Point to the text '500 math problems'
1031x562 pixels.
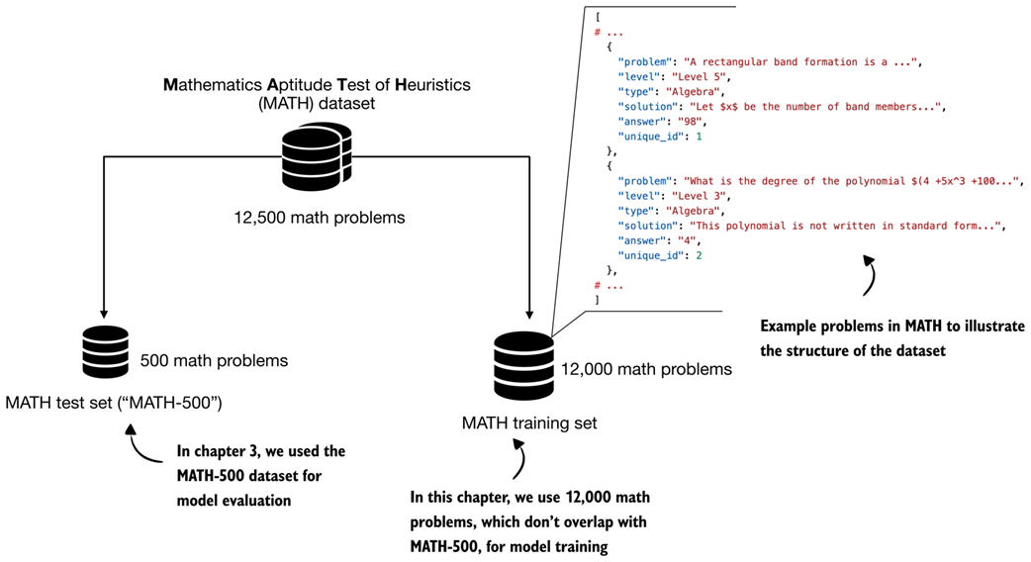coord(214,361)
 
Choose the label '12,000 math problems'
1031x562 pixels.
coord(646,369)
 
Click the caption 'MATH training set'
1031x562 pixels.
coord(529,423)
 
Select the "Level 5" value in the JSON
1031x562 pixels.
coord(699,76)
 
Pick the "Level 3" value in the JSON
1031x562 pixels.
coord(699,196)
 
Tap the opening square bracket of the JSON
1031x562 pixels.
coord(597,17)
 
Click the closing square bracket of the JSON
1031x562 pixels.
coord(597,299)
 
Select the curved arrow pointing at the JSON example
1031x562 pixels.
coord(869,274)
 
